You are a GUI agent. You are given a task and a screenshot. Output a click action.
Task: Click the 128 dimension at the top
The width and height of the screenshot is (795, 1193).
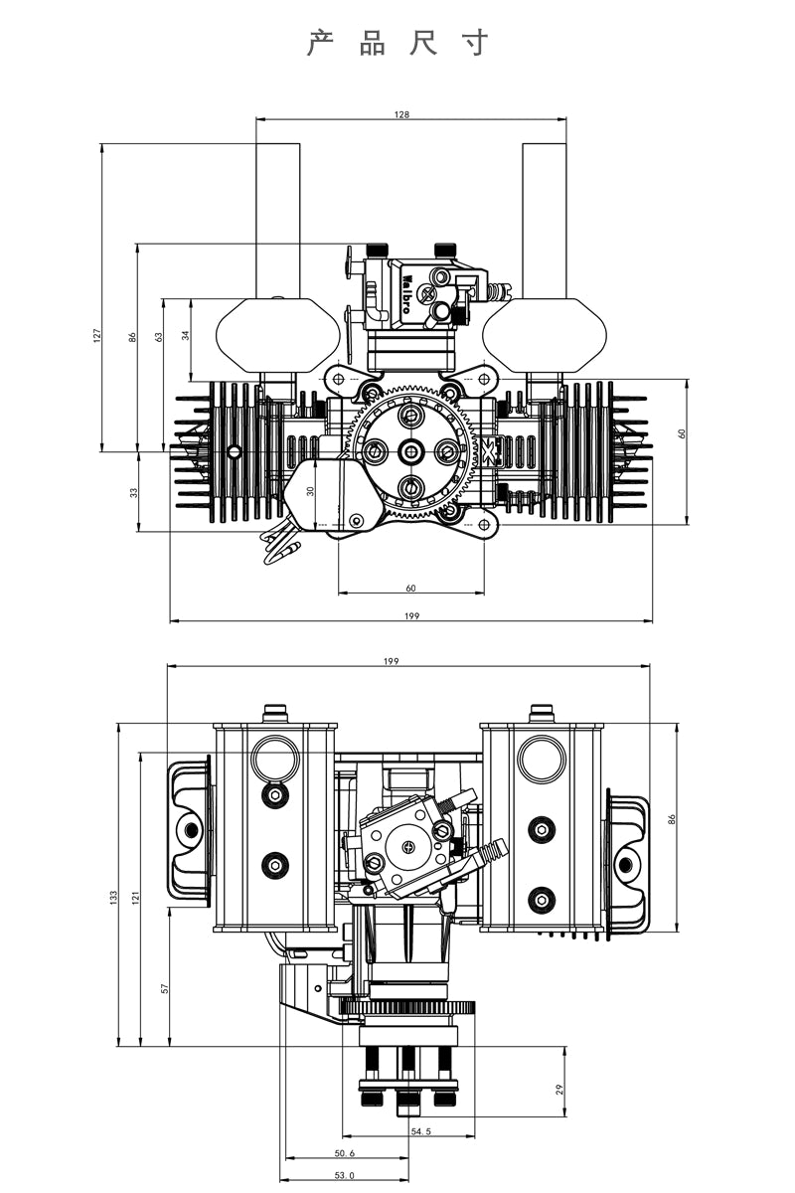coord(401,114)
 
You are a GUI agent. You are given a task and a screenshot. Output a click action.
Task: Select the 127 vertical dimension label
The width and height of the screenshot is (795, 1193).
coord(97,336)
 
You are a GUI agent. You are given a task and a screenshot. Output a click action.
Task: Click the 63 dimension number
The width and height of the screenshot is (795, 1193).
coord(159,336)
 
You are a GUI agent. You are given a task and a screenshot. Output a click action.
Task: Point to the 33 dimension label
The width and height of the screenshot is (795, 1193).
coord(134,492)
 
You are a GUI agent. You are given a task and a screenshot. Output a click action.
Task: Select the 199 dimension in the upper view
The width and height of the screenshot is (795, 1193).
coord(411,616)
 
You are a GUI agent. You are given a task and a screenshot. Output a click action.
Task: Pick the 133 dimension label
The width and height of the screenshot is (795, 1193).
coord(113,897)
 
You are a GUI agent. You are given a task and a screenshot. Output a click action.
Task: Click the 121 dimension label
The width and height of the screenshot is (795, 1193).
coord(137,897)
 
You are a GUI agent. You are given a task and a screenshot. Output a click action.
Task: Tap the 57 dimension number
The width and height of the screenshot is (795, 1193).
coord(165,988)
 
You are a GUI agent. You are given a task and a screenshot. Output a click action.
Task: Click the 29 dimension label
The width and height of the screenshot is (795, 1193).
coord(559,1090)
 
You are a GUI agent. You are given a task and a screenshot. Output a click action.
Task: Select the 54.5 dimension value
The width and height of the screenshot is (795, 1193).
coord(420,1131)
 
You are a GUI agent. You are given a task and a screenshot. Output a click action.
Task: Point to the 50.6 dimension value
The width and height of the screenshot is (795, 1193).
coord(345,1153)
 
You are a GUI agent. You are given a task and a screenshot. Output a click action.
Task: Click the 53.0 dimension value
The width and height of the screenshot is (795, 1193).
coord(345,1175)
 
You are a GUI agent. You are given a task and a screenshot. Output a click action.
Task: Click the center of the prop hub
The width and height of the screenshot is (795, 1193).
coord(410,452)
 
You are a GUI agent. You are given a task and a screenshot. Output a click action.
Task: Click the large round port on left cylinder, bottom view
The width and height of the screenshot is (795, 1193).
coord(274,759)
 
